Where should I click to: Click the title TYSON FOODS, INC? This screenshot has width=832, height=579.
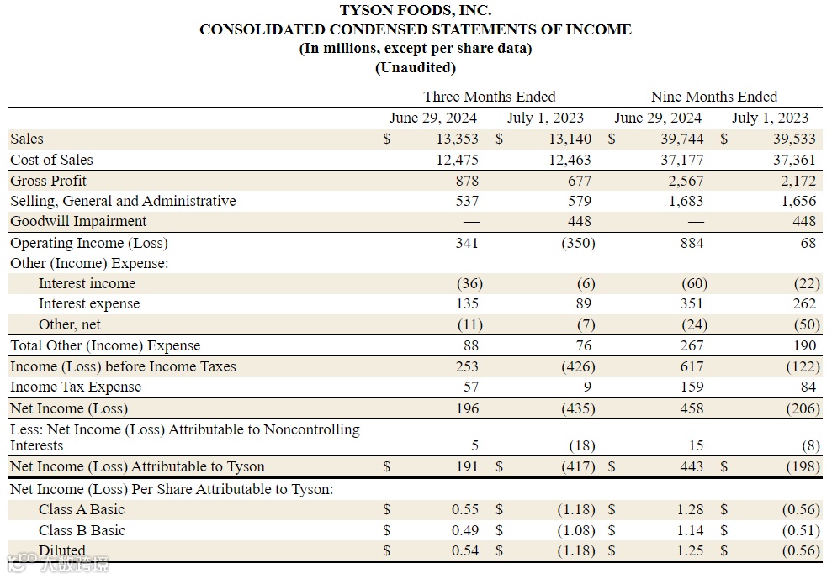[416, 11]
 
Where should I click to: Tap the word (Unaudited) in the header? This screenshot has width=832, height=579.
[416, 68]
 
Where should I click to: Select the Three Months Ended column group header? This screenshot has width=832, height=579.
[489, 97]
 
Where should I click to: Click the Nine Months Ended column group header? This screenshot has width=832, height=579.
[713, 97]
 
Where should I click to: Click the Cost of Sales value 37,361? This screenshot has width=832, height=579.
[794, 160]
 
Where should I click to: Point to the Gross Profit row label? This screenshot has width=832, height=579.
[48, 181]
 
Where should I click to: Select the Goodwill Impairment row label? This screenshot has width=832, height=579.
[78, 221]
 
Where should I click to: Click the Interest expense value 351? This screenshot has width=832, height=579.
[693, 303]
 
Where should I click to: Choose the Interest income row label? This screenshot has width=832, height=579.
[87, 283]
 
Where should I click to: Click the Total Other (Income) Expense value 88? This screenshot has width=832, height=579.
[470, 345]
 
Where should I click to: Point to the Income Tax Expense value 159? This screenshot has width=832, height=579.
[692, 387]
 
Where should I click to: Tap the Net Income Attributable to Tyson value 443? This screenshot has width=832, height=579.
[692, 466]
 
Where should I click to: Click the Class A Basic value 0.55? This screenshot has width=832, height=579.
[465, 509]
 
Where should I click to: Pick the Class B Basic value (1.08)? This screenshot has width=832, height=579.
[575, 530]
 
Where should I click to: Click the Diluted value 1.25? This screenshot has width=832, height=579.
[689, 550]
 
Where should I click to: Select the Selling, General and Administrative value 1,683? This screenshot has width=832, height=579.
[686, 201]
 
